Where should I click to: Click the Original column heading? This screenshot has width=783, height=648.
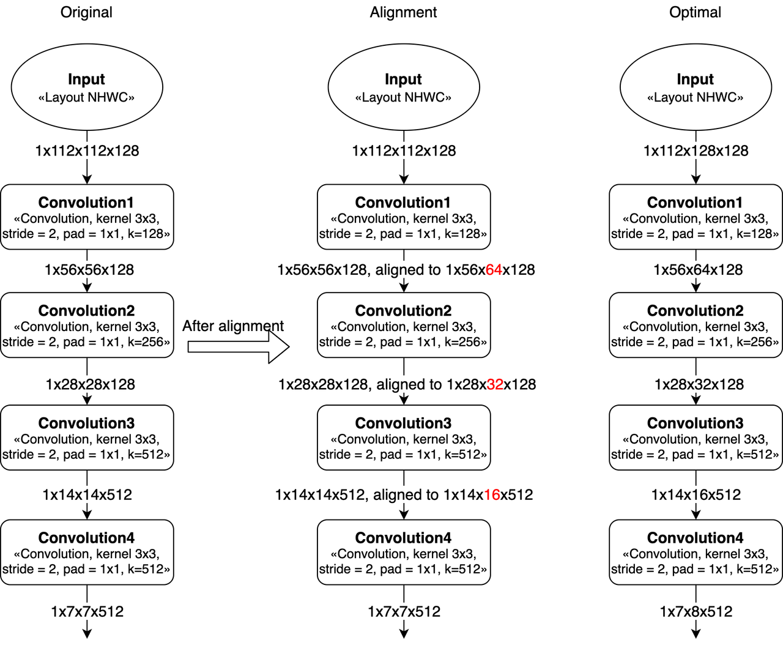point(86,12)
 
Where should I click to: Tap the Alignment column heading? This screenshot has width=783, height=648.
point(403,12)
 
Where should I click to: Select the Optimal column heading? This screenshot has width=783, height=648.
point(695,12)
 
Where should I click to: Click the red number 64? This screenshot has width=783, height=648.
point(494,270)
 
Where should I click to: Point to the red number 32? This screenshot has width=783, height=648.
point(495,385)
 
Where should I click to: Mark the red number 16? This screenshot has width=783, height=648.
point(492,495)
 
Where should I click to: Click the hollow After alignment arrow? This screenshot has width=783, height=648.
point(239,347)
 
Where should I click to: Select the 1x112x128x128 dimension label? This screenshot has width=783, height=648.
point(696,151)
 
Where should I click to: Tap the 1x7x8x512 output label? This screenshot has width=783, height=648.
point(696,612)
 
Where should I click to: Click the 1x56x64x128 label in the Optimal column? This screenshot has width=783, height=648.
point(698,270)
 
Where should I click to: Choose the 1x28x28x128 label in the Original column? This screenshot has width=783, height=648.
point(90,385)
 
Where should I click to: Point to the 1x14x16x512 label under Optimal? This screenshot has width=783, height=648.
point(696,495)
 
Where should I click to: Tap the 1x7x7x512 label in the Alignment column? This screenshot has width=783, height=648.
point(404,612)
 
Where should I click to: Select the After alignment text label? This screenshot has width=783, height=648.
point(233,326)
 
